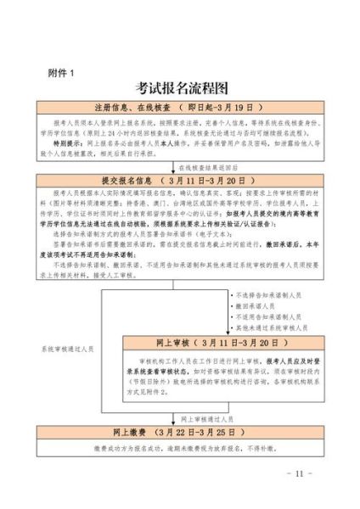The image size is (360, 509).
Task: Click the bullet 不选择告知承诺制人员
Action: pyautogui.click(x=270, y=295)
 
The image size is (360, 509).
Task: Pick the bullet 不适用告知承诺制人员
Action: pyautogui.click(x=270, y=316)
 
